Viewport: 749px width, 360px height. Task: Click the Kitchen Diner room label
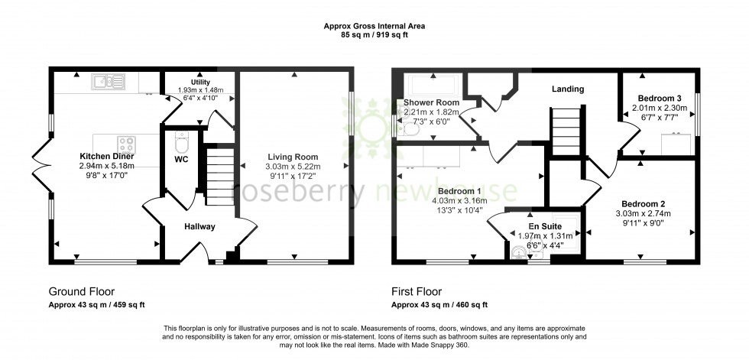106,155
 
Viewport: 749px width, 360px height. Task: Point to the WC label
181,159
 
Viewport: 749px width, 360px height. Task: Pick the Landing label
568,89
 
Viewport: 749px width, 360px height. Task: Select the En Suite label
543,226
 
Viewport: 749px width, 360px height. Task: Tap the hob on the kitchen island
127,143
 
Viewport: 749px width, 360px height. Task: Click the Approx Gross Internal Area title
374,26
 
